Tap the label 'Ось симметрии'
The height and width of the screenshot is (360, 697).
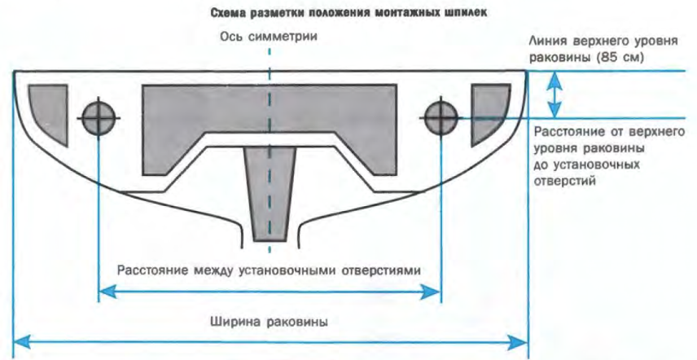pos(269,37)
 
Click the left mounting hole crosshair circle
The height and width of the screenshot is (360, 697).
pos(98,117)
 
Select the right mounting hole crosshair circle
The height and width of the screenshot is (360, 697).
pos(441,116)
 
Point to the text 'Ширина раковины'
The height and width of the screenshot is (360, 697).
pos(268,321)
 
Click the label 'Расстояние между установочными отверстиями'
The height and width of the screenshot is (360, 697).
pos(269,270)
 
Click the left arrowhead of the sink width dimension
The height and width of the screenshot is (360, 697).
pos(22,339)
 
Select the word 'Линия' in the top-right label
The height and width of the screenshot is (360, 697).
pos(546,41)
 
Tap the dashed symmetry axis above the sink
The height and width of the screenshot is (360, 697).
pos(269,59)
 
